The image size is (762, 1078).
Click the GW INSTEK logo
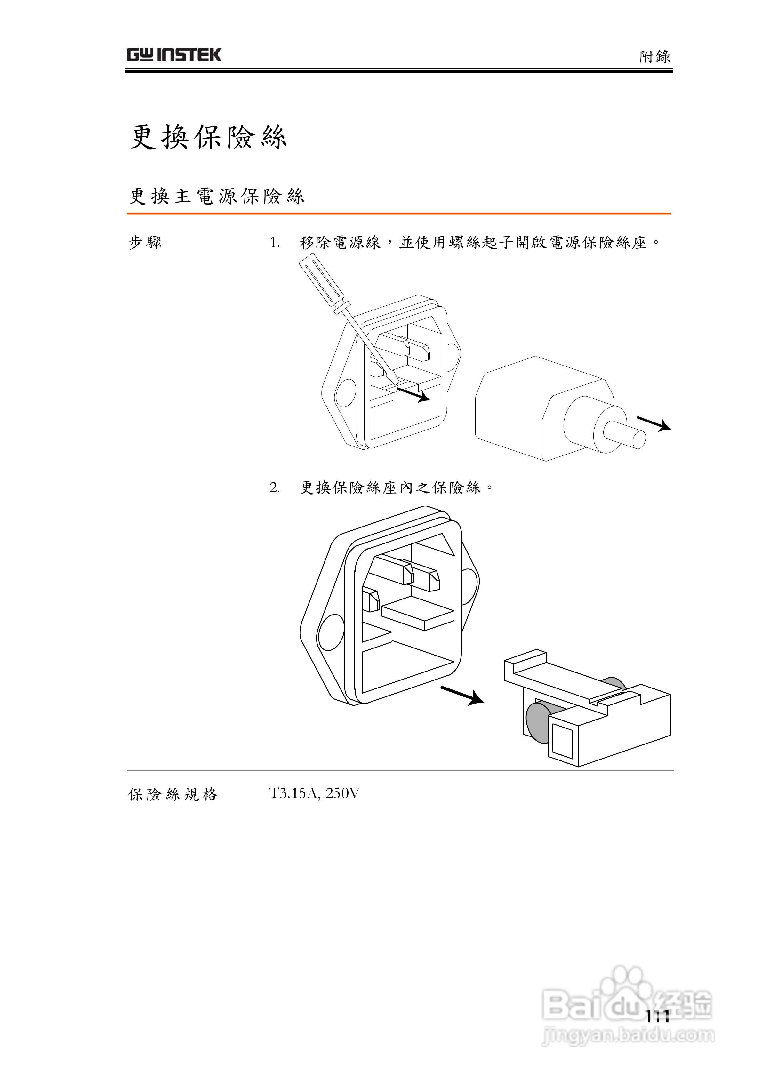[174, 55]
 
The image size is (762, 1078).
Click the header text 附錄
[654, 57]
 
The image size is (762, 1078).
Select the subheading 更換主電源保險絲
[216, 196]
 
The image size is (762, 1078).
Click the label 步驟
[145, 243]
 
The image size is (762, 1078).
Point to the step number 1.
[274, 243]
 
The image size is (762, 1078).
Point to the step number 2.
[274, 488]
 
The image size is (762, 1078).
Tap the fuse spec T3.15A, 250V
[314, 793]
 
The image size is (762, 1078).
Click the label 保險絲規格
[173, 794]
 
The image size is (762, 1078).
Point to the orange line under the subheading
[399, 213]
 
